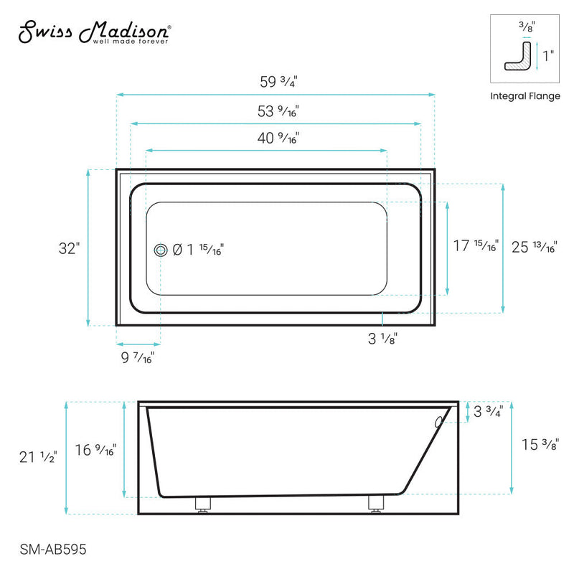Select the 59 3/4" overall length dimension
pyautogui.click(x=278, y=82)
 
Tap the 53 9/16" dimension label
pyautogui.click(x=278, y=111)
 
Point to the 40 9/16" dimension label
pyautogui.click(x=278, y=138)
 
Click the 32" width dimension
pyautogui.click(x=69, y=248)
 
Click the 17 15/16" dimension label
pyautogui.click(x=476, y=246)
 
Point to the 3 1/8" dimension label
pyautogui.click(x=382, y=339)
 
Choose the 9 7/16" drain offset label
pyautogui.click(x=136, y=357)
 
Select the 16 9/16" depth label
pyautogui.click(x=95, y=451)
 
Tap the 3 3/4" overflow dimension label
pyautogui.click(x=488, y=412)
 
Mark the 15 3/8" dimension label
pyautogui.click(x=536, y=445)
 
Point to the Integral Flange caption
pyautogui.click(x=524, y=96)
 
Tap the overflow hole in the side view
pyautogui.click(x=438, y=423)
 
